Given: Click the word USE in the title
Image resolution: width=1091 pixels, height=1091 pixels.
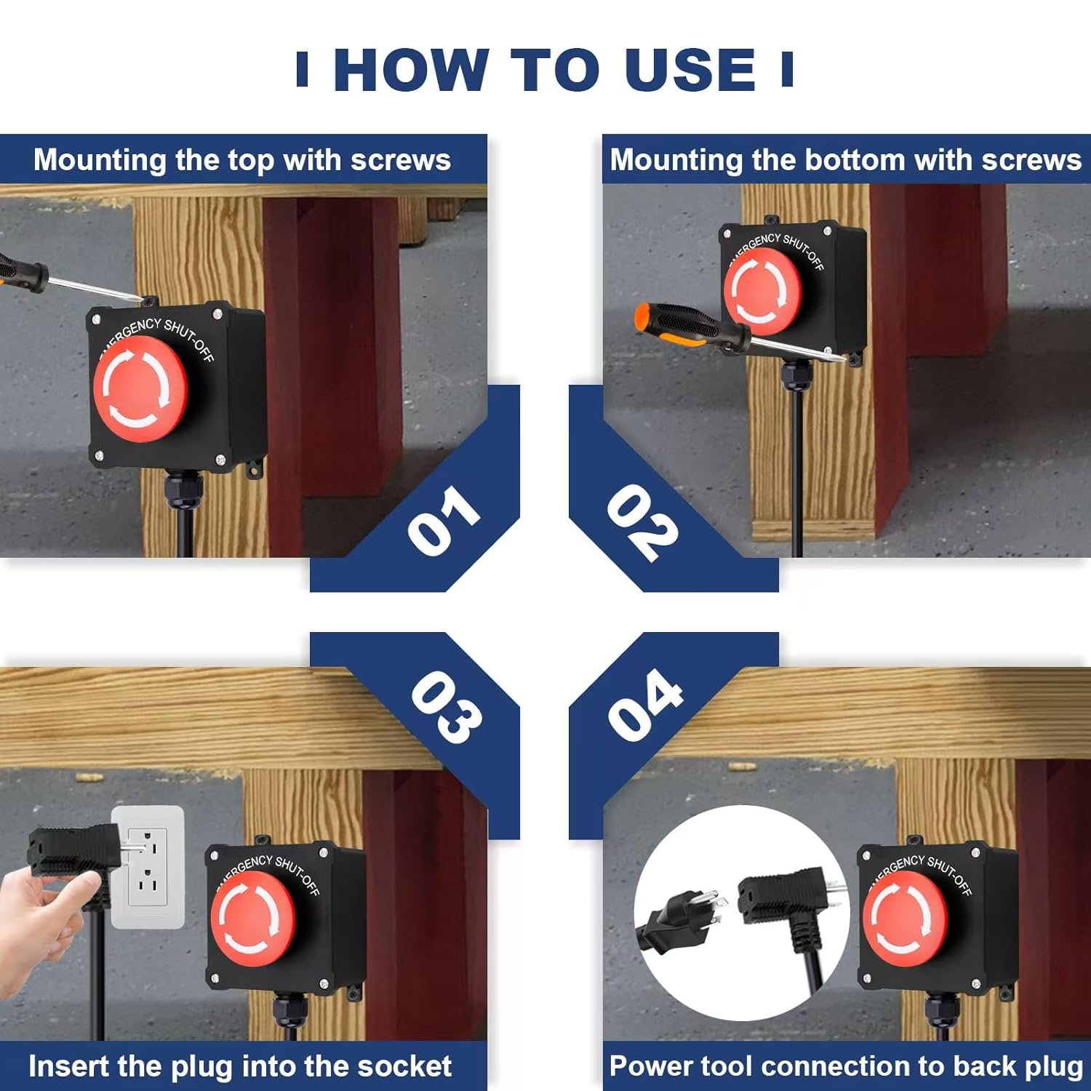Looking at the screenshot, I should (690, 71).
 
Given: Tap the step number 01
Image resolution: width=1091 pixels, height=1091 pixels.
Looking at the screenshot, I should (443, 519).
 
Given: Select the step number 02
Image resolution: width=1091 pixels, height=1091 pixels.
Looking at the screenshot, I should (642, 522).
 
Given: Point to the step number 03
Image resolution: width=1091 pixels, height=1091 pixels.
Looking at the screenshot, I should (446, 707).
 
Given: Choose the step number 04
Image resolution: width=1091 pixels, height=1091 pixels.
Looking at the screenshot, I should (645, 704).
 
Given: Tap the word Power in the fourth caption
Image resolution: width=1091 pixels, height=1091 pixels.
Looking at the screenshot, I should (648, 1066).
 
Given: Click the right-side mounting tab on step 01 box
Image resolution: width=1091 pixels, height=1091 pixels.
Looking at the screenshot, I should (255, 467).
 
